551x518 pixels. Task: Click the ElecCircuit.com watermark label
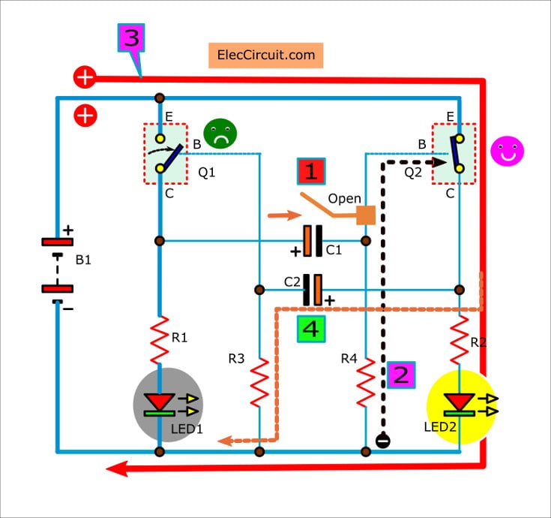pyautogui.click(x=265, y=56)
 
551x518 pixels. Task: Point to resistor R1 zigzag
pyautogui.click(x=160, y=340)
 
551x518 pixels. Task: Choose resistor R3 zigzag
pyautogui.click(x=259, y=381)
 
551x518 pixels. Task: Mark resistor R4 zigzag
pyautogui.click(x=366, y=381)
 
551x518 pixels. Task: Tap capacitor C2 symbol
pyautogui.click(x=313, y=289)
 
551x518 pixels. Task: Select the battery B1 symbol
pyautogui.click(x=56, y=266)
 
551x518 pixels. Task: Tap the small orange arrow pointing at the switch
pyautogui.click(x=283, y=218)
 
